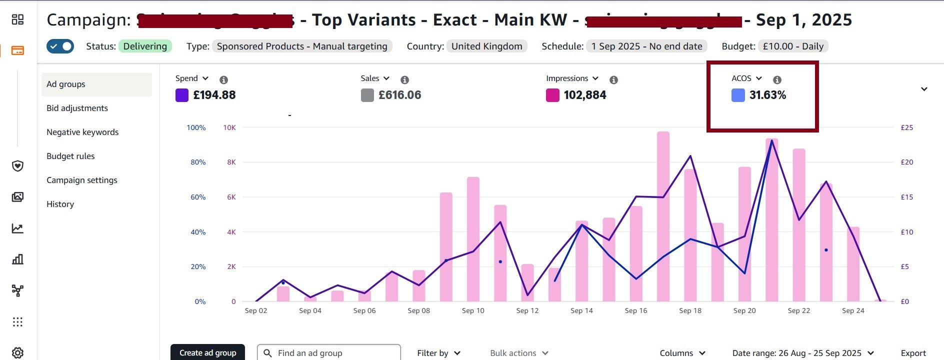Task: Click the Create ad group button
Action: click(207, 352)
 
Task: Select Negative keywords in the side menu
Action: click(82, 132)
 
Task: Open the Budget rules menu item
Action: click(70, 156)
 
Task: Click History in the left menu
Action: click(60, 204)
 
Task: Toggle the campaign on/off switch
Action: click(60, 46)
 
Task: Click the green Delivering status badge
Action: click(145, 46)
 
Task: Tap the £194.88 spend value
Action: click(214, 95)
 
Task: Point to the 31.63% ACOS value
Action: click(767, 95)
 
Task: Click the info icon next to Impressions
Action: click(613, 80)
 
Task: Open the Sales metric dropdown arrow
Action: click(386, 78)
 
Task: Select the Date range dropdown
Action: click(803, 353)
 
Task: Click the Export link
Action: click(913, 353)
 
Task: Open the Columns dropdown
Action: click(682, 353)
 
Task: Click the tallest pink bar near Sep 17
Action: click(663, 215)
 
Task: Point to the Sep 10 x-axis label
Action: click(473, 310)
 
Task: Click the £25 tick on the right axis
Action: click(906, 127)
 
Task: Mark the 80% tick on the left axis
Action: click(198, 162)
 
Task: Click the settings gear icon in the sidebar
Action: click(17, 352)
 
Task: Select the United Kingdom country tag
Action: click(486, 46)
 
